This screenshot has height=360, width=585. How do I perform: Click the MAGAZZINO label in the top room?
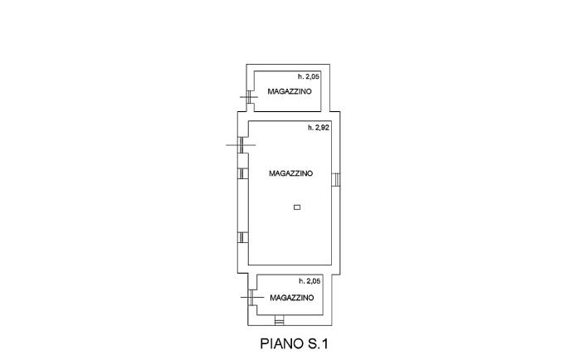(x=290, y=91)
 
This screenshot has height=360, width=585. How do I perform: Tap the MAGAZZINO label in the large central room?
(x=291, y=173)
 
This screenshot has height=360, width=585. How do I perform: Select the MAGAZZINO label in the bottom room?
(x=292, y=298)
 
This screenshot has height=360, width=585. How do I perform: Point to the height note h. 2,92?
(x=319, y=128)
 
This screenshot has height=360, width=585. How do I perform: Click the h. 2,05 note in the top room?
(x=309, y=77)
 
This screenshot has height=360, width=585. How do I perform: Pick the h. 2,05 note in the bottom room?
(x=310, y=281)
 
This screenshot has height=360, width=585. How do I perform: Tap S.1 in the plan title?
(x=318, y=343)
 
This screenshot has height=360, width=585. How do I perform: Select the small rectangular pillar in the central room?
(x=297, y=207)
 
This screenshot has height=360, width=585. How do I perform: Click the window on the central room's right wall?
(x=336, y=179)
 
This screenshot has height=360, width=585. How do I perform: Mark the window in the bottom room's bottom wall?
(x=279, y=320)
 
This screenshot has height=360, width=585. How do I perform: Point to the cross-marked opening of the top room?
(x=250, y=97)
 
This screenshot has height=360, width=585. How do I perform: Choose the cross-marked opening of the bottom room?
(x=251, y=297)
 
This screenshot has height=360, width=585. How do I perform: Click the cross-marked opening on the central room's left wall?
(x=241, y=145)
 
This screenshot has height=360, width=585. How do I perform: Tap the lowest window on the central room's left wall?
(x=243, y=237)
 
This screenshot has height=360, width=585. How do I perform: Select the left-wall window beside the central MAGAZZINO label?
(x=243, y=173)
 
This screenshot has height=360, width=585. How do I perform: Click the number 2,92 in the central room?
(x=322, y=128)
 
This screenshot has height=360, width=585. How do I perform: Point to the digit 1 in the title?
(x=325, y=343)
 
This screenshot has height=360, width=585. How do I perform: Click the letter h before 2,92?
(x=310, y=128)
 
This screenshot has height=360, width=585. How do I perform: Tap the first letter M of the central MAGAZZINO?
(x=272, y=173)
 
